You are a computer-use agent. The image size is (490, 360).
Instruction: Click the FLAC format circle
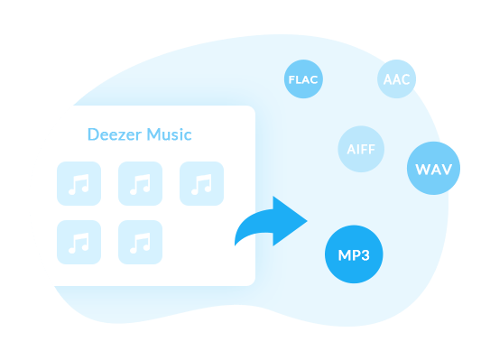(302, 79)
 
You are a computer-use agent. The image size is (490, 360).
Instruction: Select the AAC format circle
(396, 79)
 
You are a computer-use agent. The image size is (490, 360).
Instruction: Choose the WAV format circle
(434, 169)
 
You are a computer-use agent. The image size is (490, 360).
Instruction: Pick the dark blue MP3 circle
(354, 254)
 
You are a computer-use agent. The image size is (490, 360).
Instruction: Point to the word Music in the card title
(169, 134)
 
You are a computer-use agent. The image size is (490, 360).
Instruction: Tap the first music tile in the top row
(79, 183)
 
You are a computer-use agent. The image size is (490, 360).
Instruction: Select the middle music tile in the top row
(140, 183)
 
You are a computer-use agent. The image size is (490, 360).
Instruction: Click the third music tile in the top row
(201, 183)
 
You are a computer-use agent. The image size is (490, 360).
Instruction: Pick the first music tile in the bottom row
(79, 242)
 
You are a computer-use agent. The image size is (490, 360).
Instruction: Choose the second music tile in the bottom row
(140, 242)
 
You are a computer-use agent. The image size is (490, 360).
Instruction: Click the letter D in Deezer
(92, 134)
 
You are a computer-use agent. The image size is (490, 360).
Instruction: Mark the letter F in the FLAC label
(290, 79)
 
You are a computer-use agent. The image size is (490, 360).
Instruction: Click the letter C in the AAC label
(405, 79)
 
